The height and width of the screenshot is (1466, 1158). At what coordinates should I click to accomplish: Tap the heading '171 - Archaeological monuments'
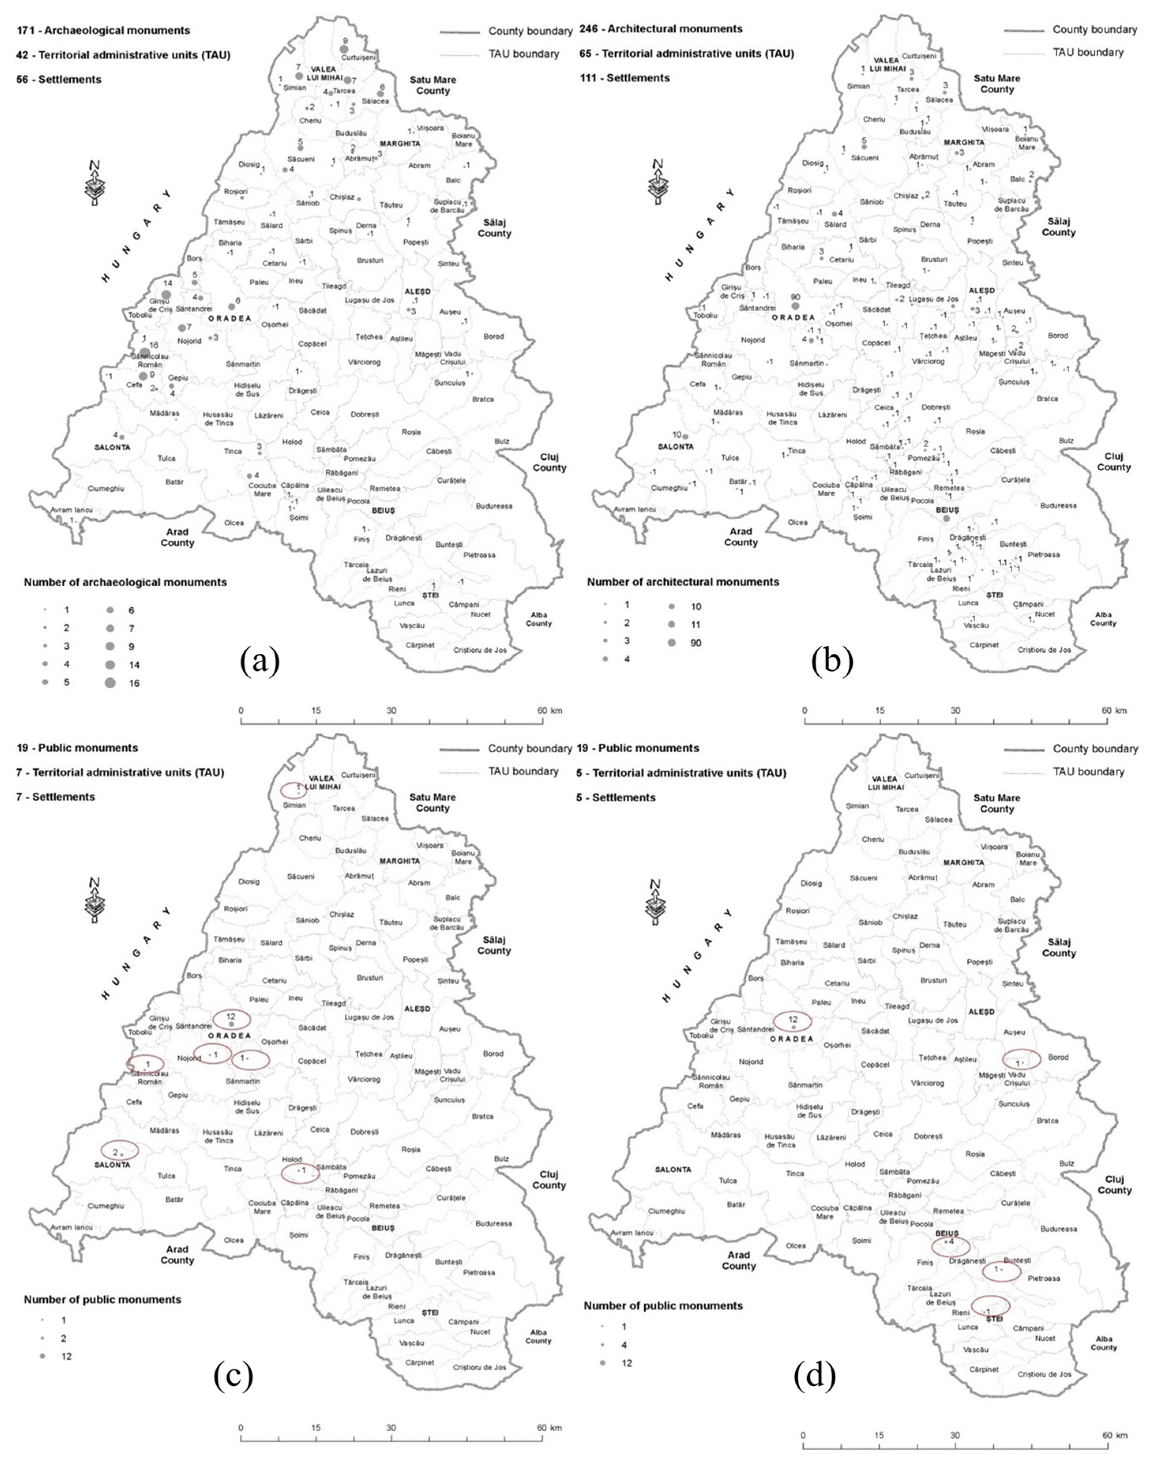point(104,30)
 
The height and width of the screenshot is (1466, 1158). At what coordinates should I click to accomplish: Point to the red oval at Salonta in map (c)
point(119,1151)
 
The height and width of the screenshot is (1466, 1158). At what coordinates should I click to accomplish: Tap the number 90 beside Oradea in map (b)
point(795,297)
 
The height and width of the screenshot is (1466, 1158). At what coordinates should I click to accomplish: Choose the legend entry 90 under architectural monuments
point(696,643)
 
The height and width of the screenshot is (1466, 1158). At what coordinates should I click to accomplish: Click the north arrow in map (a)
point(95,183)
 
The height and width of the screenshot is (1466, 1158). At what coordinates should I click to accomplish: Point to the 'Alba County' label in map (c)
point(538,1336)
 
